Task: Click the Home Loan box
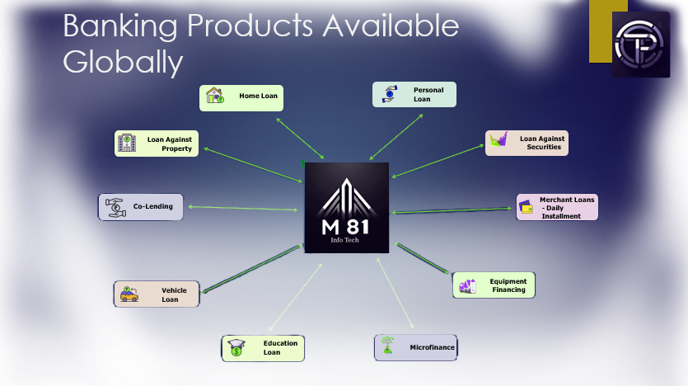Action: (241, 98)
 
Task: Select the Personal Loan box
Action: (414, 94)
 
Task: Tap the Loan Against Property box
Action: (157, 144)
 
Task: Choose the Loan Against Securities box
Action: (527, 144)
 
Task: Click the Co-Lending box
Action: (140, 207)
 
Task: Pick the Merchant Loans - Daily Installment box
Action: (557, 207)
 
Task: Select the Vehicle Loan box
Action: (157, 294)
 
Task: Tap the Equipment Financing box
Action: (494, 285)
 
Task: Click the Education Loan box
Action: (263, 348)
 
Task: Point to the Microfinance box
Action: (415, 347)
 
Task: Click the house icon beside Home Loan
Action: (215, 96)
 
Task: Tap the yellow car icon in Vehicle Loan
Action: (129, 294)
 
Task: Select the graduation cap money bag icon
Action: (236, 348)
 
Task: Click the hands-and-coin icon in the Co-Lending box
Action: (115, 207)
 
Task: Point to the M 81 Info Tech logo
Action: (347, 208)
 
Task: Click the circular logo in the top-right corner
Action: (639, 45)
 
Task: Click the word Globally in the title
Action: (123, 63)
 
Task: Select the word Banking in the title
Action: (120, 26)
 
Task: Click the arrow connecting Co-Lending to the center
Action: (243, 208)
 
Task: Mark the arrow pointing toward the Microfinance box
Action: (395, 294)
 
